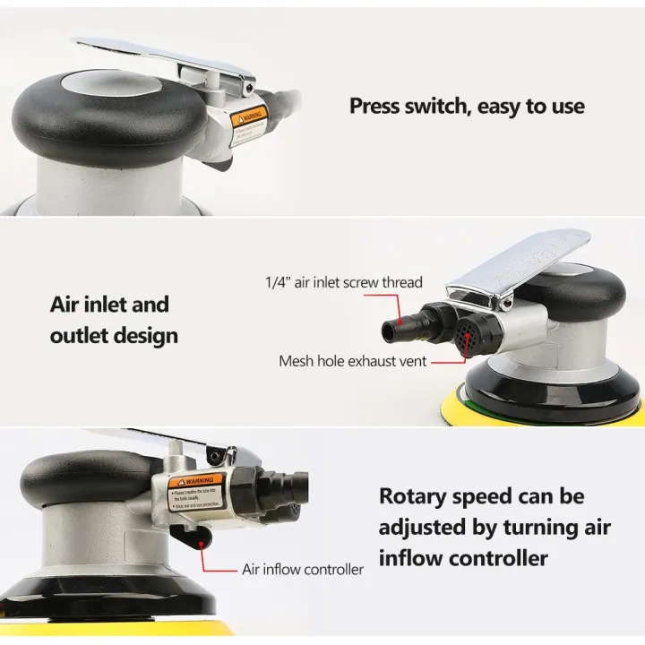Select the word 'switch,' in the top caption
tap(443, 107)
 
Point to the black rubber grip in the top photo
tap(90, 112)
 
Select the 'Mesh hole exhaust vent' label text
tap(353, 362)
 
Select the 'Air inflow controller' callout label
tap(303, 569)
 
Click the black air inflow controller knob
tap(190, 538)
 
